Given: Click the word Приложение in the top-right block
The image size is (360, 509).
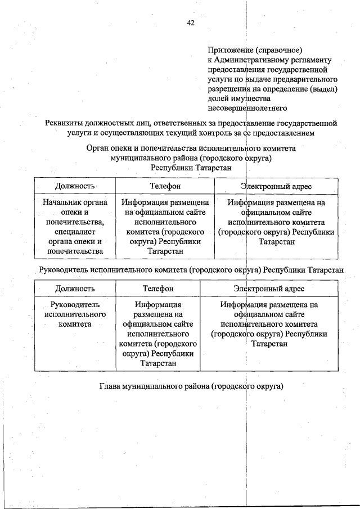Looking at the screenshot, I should [228, 50].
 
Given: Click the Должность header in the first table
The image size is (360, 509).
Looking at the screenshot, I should [75, 186].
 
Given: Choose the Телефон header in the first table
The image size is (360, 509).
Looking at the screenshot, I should [165, 186].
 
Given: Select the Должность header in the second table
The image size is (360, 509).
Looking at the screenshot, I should [75, 289].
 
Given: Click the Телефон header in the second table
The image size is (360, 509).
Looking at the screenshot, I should [158, 289].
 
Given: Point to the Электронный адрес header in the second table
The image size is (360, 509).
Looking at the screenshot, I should [269, 289].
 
